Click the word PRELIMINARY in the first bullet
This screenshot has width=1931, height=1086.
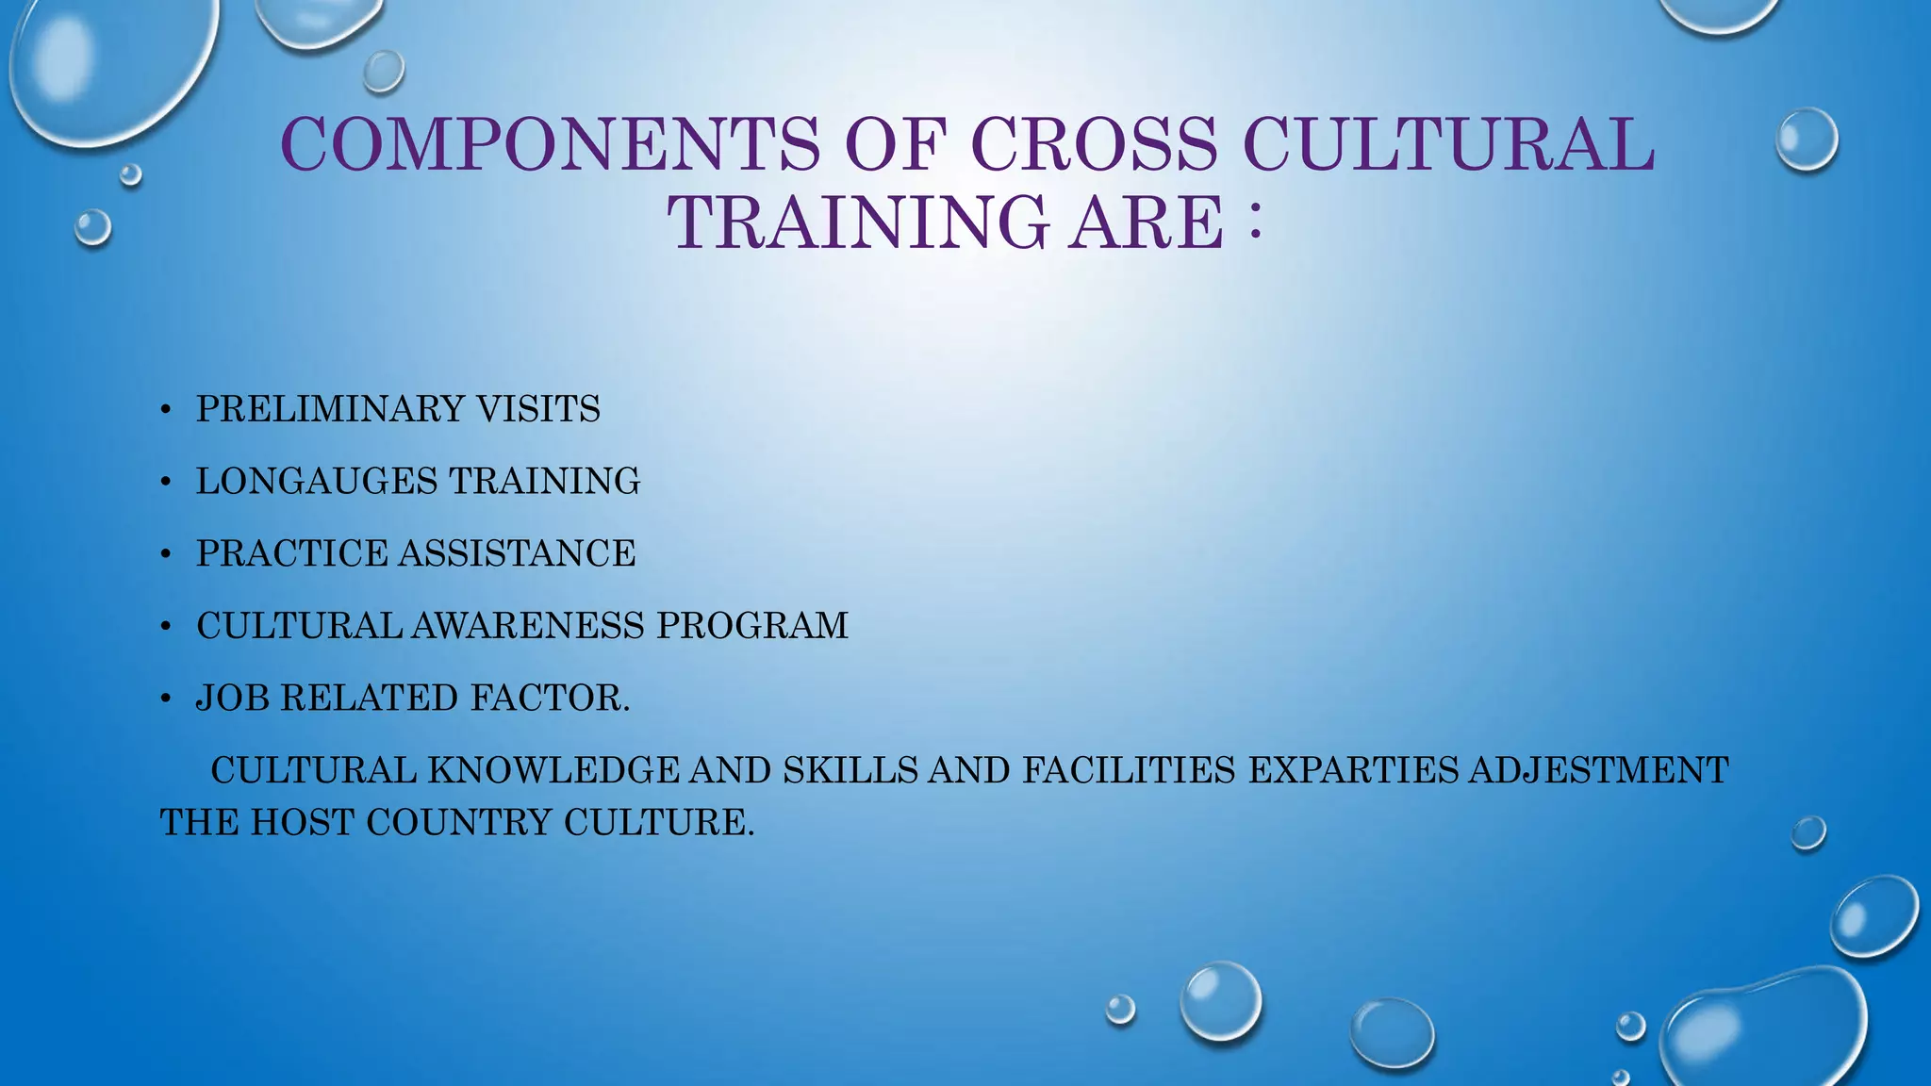330,409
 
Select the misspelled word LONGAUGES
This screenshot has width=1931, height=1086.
316,482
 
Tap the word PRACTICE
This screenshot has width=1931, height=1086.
291,553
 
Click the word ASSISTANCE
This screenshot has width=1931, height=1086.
517,553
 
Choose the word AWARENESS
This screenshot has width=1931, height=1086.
528,626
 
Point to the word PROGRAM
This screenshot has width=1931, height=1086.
752,626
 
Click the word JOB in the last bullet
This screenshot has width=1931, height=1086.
232,699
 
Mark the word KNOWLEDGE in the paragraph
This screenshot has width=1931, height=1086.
553,770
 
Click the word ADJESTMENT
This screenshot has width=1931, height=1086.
1599,770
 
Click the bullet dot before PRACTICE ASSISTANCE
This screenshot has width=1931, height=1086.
166,555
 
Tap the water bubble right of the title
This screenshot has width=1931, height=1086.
1807,140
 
